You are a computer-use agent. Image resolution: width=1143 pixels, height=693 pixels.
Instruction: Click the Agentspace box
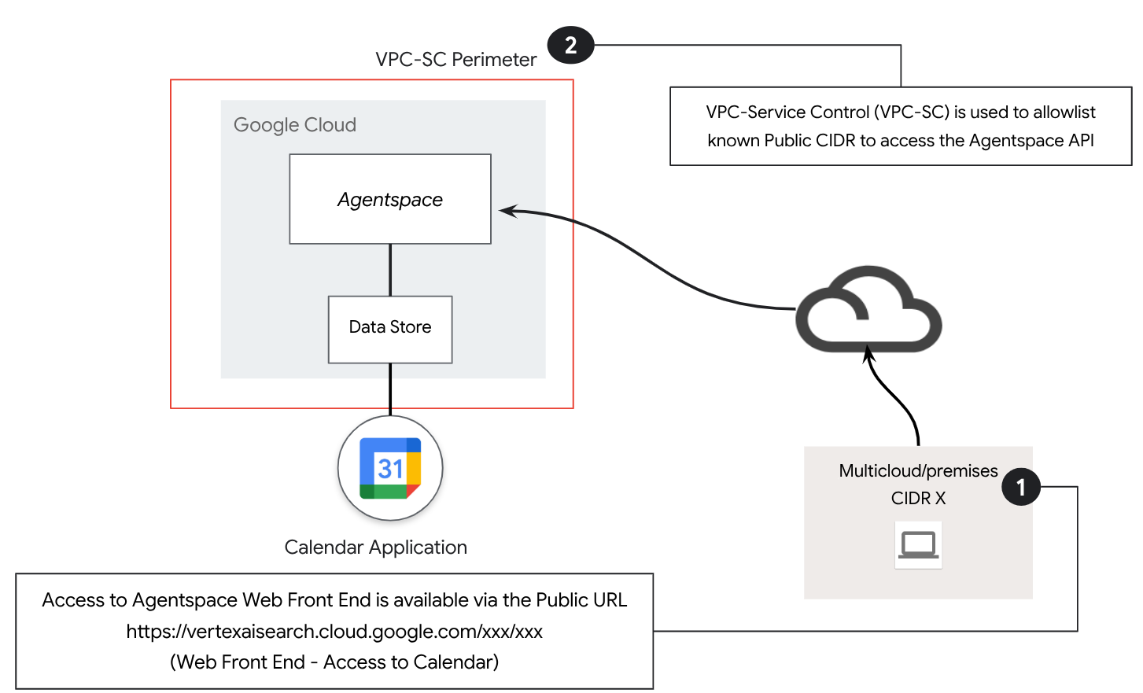390,199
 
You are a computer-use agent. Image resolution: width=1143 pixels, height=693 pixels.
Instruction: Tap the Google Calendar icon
390,468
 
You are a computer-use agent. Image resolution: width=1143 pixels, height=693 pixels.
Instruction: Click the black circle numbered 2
570,45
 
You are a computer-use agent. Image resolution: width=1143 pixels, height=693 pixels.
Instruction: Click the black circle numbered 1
1020,487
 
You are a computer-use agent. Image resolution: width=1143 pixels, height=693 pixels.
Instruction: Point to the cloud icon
868,311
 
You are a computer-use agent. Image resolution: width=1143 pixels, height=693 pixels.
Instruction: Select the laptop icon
918,544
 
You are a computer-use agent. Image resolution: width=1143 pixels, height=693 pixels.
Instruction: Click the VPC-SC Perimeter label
455,60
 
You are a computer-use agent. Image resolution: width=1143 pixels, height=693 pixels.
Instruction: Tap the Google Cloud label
295,125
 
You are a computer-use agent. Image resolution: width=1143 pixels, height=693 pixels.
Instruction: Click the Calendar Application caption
375,547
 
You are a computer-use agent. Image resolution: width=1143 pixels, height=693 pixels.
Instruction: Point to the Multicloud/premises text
918,470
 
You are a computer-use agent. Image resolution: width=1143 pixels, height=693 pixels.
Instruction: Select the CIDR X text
918,498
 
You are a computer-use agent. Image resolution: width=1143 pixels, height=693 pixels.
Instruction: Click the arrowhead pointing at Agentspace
507,211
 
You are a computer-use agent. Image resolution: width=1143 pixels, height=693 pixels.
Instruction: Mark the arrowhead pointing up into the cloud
868,356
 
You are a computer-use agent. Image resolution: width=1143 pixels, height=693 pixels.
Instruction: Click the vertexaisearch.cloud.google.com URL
334,632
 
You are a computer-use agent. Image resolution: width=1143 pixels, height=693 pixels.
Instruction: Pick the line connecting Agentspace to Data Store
390,270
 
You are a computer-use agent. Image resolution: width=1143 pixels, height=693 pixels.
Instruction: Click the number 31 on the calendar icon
390,469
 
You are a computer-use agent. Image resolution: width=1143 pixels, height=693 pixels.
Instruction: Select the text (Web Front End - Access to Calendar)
334,662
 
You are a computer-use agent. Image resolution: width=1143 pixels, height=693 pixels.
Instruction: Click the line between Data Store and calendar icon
390,389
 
